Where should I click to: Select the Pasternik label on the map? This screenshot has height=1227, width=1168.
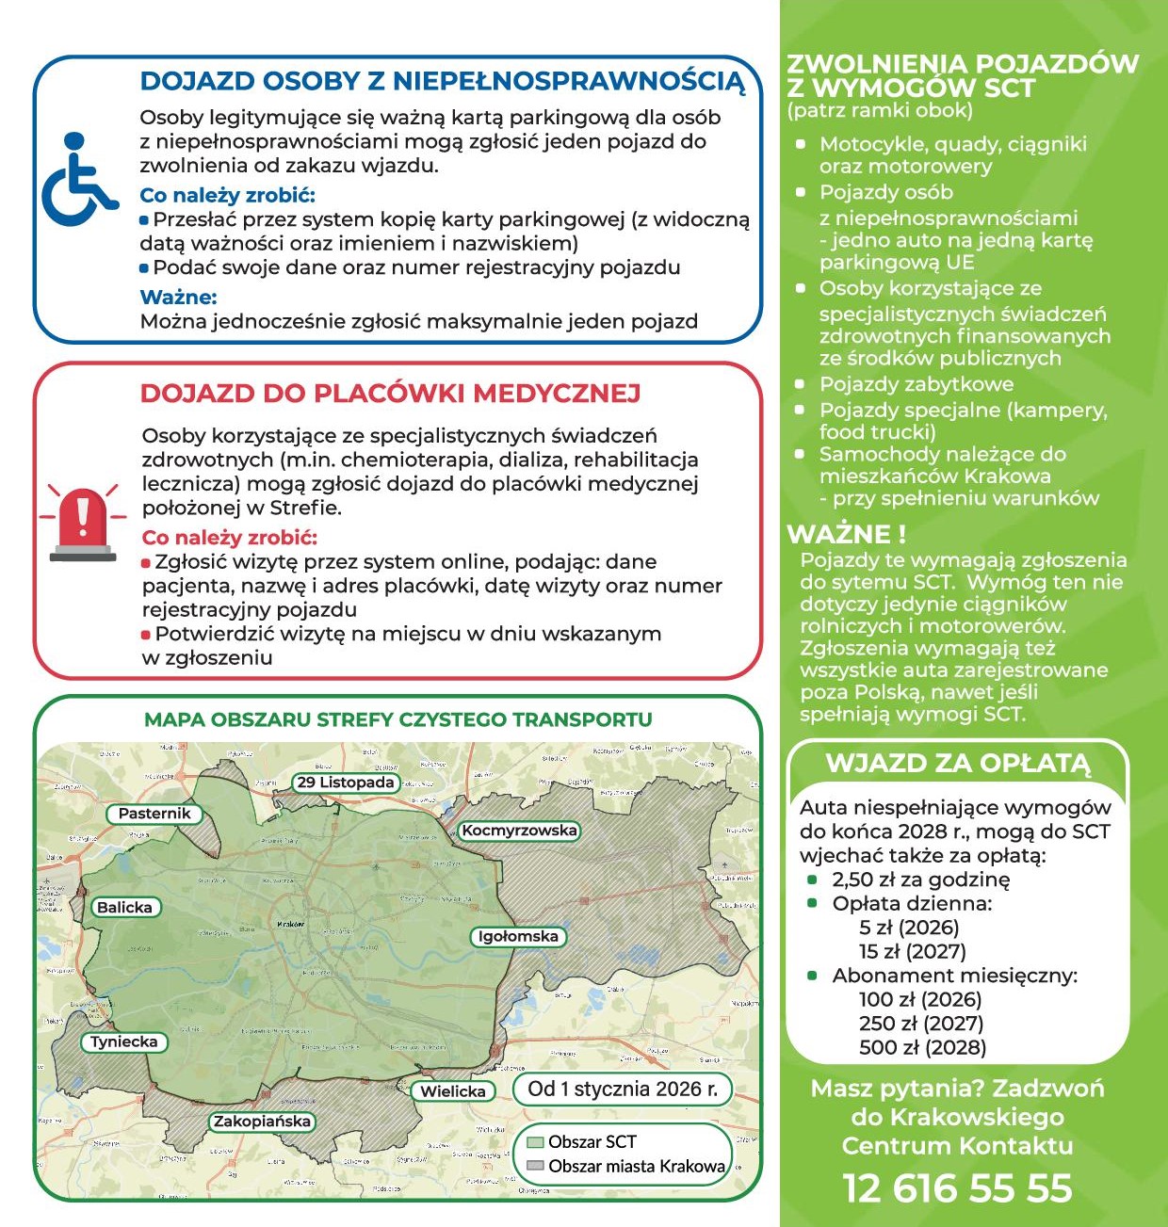pos(154,814)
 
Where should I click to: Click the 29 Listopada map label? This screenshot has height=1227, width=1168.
pos(346,783)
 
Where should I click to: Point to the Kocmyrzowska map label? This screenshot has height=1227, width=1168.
pos(519,831)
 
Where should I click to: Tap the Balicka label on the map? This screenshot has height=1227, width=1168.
pos(124,908)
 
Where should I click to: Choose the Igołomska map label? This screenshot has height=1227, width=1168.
pos(518,937)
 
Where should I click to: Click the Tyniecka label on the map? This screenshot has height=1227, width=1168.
pos(124,1042)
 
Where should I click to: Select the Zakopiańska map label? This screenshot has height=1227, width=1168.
pos(262,1122)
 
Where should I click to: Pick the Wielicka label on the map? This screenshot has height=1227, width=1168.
pos(453,1091)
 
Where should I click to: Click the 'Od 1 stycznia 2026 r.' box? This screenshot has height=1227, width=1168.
pos(623,1090)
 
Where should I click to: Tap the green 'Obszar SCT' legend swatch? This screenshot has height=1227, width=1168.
pos(535,1142)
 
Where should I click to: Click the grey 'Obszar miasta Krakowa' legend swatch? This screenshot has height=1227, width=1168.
pos(535,1166)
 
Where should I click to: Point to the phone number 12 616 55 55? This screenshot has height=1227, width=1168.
pos(957,1188)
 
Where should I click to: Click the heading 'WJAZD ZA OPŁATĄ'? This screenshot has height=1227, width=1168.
pos(957,763)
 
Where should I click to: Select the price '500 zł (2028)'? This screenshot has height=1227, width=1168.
pos(909,1048)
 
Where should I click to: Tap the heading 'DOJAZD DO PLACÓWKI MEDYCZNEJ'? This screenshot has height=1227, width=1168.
pos(390,394)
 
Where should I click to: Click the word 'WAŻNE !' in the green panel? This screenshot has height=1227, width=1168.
pos(846,534)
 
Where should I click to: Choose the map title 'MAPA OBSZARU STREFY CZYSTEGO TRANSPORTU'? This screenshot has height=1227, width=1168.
pos(397,720)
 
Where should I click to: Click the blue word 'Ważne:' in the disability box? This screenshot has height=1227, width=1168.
pos(178,298)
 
